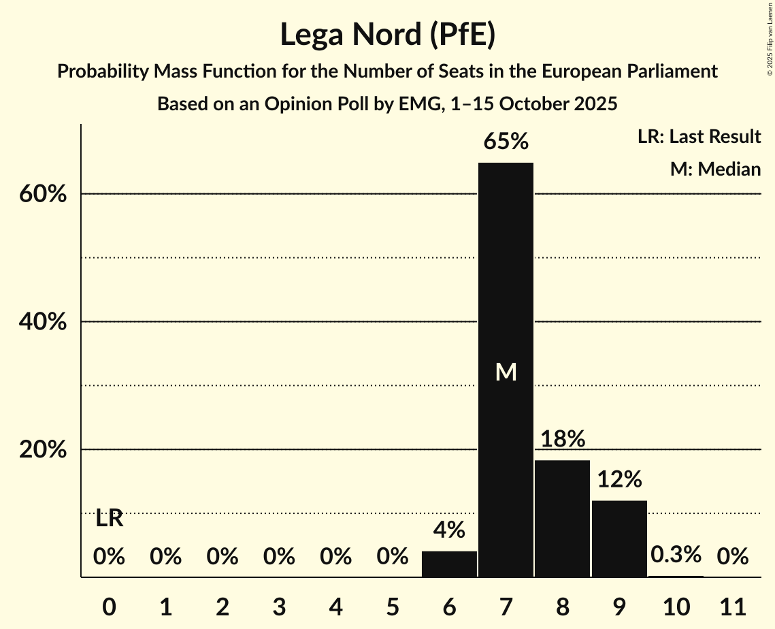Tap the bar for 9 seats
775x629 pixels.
[619, 538]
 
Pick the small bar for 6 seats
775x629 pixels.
[449, 564]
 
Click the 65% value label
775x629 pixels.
[506, 142]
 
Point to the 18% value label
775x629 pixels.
[563, 439]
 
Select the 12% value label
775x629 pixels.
[619, 480]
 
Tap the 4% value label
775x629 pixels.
[449, 530]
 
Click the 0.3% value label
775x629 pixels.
[676, 555]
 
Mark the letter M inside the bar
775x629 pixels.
[506, 372]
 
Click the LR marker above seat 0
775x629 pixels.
[109, 519]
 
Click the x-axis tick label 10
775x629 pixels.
[676, 606]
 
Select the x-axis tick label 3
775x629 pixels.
[279, 606]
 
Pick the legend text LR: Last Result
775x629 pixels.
[699, 137]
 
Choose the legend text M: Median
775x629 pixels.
[715, 169]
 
